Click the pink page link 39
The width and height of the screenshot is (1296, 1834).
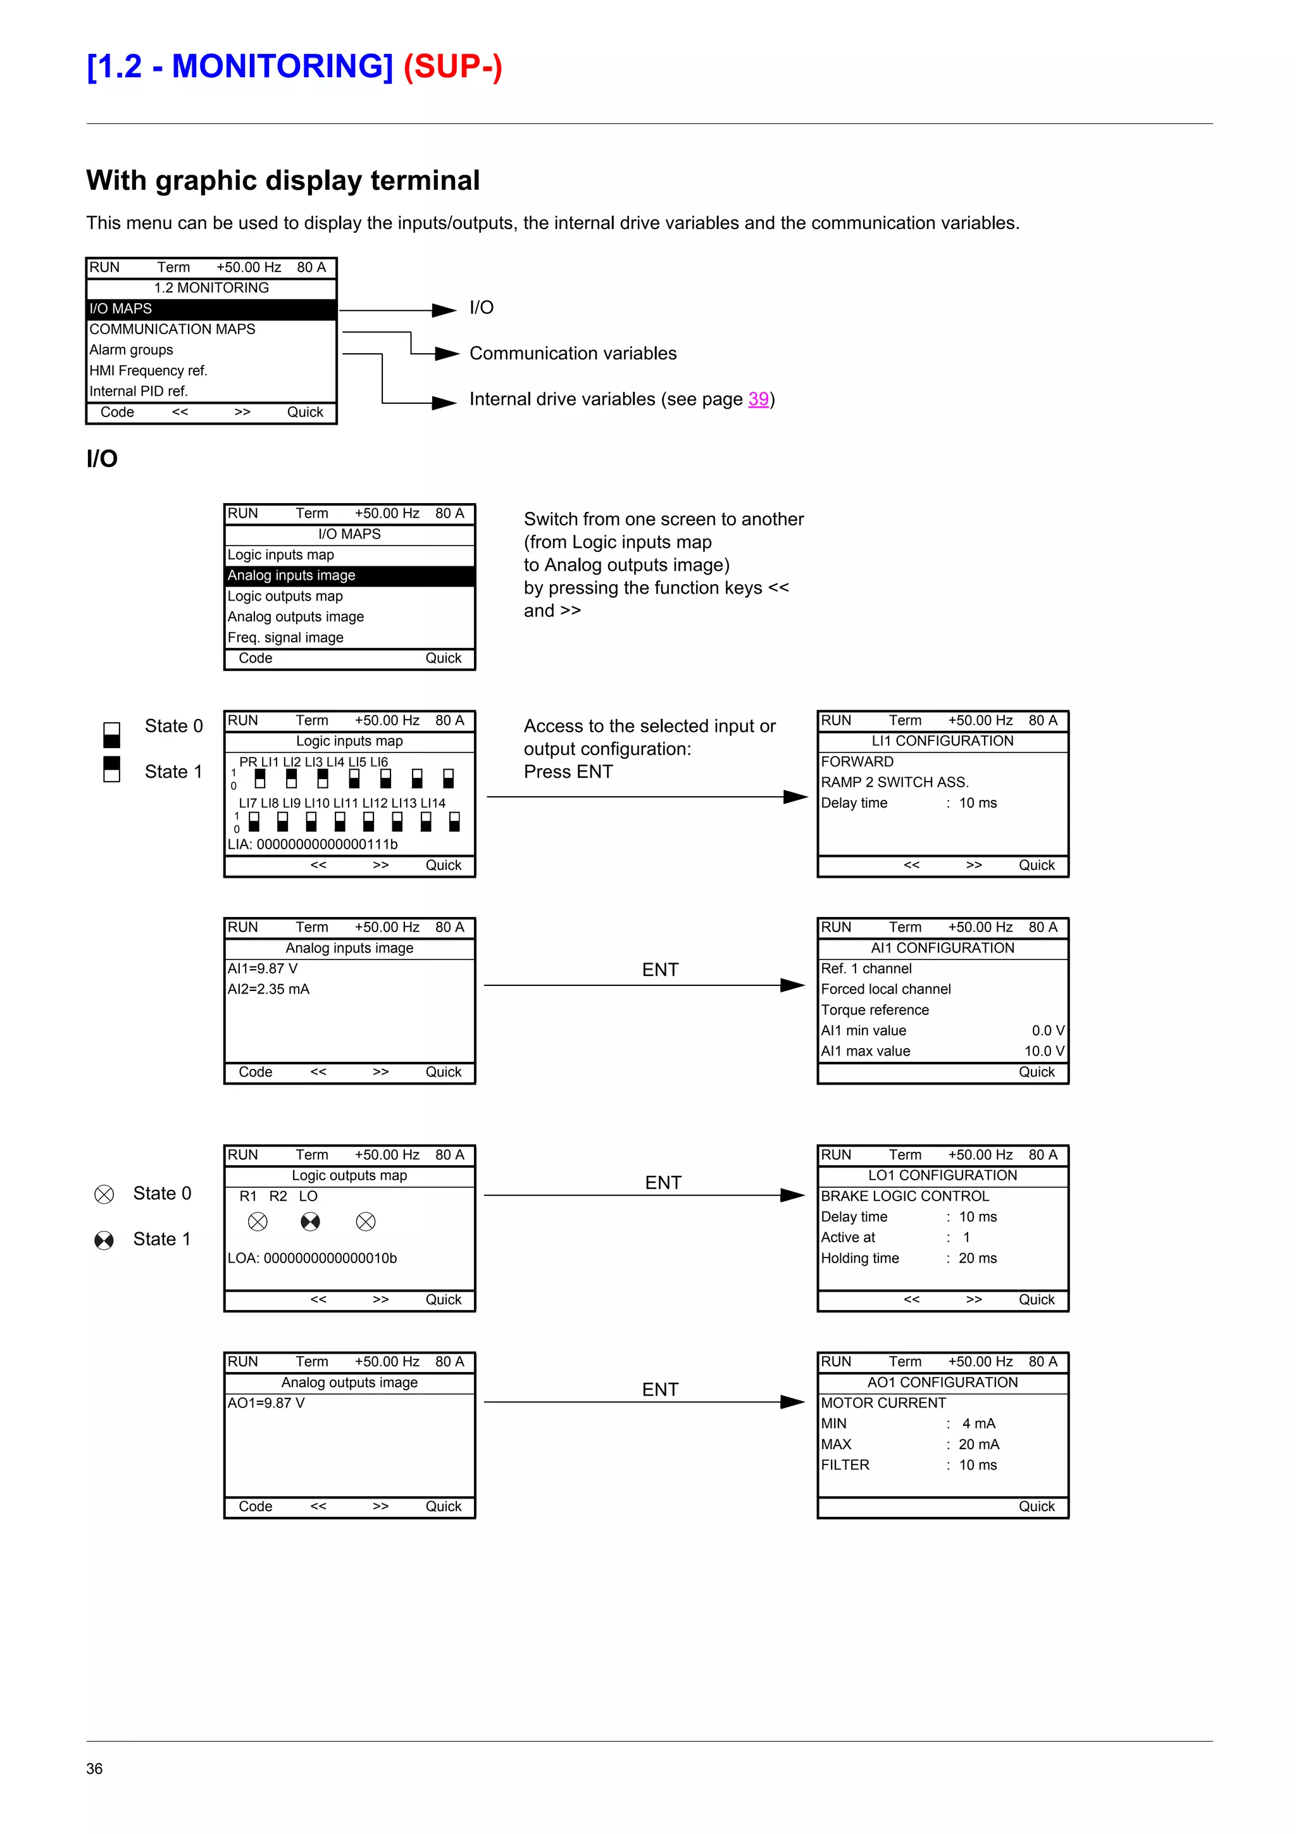point(758,399)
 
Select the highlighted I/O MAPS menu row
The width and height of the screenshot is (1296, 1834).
point(211,309)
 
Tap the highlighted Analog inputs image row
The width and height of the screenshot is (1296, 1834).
point(349,576)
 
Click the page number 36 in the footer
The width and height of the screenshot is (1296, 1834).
point(94,1768)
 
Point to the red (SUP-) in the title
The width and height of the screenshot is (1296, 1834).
point(452,66)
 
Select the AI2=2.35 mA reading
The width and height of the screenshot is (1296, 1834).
point(268,989)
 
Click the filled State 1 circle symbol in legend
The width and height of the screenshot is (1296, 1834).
point(104,1240)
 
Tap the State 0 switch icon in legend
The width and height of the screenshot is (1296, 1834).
point(112,734)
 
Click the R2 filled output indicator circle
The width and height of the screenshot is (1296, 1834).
point(310,1221)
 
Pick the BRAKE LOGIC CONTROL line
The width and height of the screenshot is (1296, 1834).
point(905,1196)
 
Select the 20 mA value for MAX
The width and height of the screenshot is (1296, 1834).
point(978,1444)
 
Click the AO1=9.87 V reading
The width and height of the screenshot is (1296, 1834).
point(266,1402)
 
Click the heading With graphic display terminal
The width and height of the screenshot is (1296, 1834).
point(283,180)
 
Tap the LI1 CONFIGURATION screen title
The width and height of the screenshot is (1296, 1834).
point(942,741)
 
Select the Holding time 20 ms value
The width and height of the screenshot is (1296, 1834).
point(978,1258)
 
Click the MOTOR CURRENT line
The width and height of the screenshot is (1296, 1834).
point(883,1402)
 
